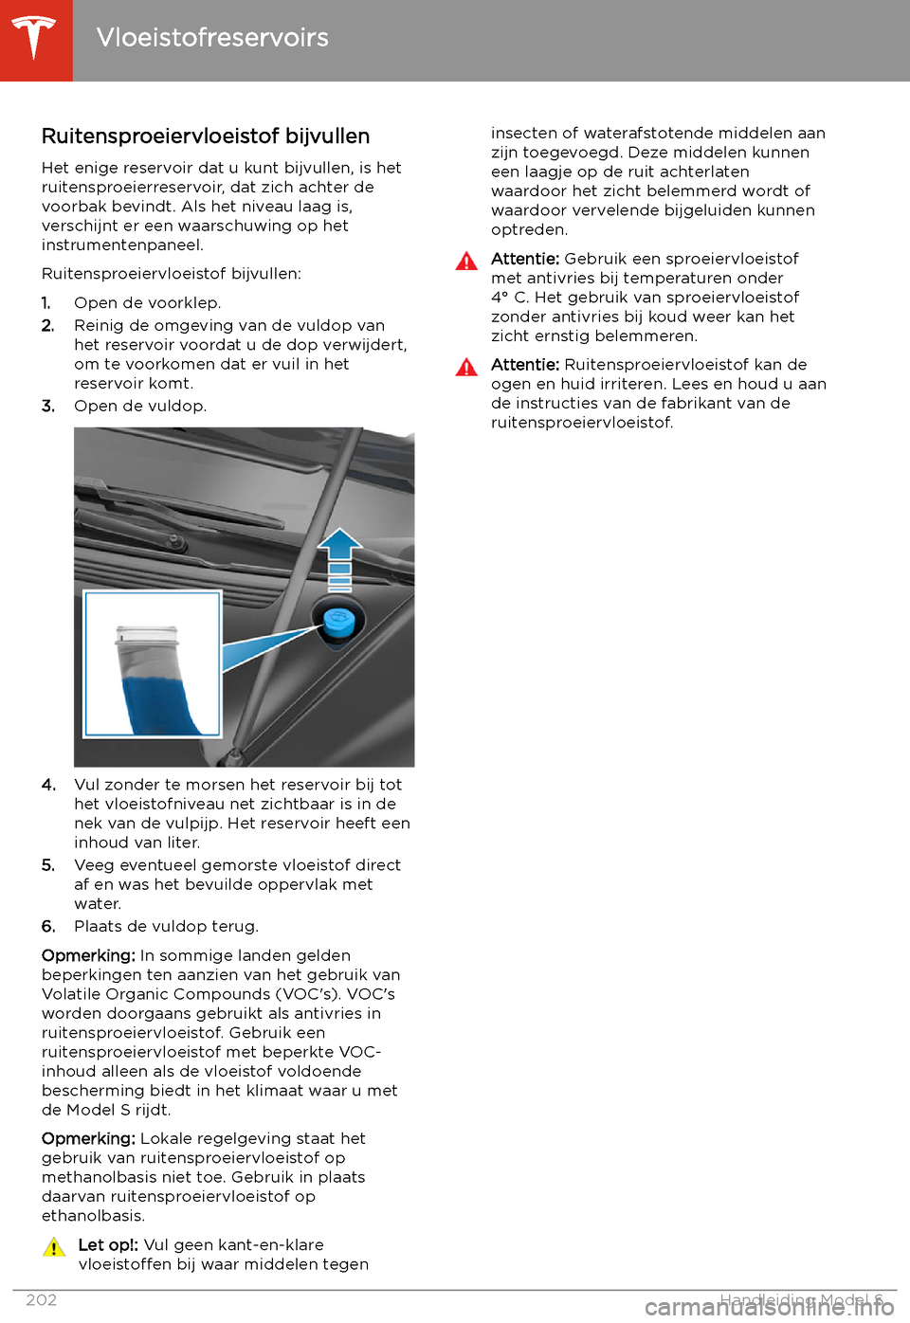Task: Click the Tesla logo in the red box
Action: click(35, 39)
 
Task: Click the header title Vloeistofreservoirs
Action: click(212, 38)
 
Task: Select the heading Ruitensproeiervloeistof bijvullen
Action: click(206, 136)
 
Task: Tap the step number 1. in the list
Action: click(46, 303)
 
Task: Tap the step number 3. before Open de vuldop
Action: click(48, 407)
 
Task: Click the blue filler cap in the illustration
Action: click(337, 622)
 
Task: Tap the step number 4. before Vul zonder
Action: click(48, 785)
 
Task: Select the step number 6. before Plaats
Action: click(48, 927)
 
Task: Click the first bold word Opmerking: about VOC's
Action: click(88, 956)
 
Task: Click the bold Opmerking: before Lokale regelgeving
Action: click(88, 1139)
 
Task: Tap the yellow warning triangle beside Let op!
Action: click(54, 1247)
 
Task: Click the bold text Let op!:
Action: click(108, 1245)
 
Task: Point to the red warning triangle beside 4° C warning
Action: click(466, 262)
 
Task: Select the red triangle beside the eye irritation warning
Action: click(466, 368)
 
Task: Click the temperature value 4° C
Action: click(510, 298)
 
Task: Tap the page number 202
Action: click(42, 1300)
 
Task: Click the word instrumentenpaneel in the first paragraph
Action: click(122, 245)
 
